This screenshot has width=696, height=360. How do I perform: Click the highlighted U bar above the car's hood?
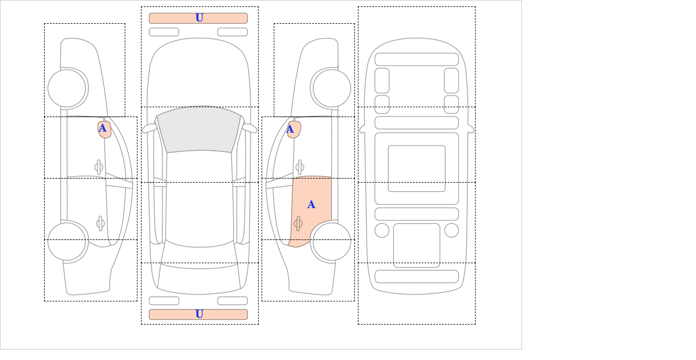point(198,18)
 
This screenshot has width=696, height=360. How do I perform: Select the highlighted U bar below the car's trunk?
point(198,314)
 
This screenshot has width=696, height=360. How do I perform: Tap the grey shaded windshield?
point(199,129)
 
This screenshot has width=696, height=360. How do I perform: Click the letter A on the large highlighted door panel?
point(311,205)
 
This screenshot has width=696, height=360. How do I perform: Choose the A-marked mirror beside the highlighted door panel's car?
point(294,129)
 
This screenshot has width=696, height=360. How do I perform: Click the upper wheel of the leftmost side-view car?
point(67,88)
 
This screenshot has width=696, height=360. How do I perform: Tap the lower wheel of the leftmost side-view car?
point(67,241)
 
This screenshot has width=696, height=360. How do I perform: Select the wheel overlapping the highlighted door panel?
point(332,241)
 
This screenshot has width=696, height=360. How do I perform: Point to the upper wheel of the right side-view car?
point(332,88)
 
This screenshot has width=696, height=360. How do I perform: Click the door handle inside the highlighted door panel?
point(298,223)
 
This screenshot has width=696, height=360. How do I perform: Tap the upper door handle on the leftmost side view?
point(99,168)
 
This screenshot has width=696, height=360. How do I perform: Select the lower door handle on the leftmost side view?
point(100,223)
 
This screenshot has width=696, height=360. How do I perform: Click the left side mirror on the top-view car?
point(149,128)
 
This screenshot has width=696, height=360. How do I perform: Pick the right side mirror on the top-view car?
point(249,128)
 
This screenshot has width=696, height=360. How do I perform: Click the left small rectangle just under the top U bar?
point(164,32)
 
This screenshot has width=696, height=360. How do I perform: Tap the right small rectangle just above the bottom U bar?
point(233,301)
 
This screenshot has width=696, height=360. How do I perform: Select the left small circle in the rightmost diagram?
point(382,231)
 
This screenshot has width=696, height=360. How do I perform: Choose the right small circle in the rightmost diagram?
point(451,231)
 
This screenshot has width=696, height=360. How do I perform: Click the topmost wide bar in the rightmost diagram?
point(416,59)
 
